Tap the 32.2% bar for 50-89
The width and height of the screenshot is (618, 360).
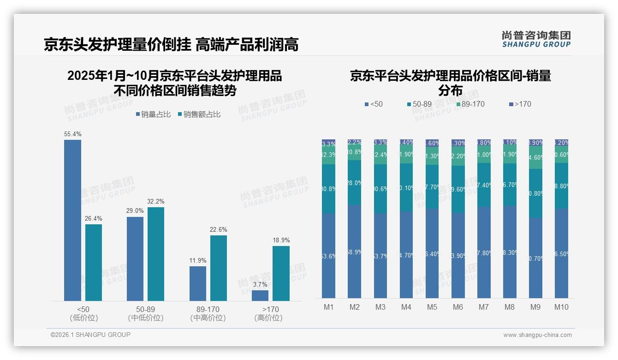[x=156, y=254]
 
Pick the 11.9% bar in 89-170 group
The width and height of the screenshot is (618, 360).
[x=198, y=283]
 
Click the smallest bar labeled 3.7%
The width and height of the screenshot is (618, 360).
[x=260, y=295]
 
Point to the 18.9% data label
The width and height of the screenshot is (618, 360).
[x=281, y=240]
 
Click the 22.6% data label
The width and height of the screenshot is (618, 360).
[x=219, y=230]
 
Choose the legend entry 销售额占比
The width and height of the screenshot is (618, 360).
[x=199, y=114]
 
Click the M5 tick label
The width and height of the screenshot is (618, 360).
[x=432, y=307]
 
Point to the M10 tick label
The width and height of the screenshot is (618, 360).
[x=561, y=307]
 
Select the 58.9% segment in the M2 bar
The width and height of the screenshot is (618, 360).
[x=355, y=252]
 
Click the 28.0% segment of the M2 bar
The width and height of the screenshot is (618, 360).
[x=355, y=183]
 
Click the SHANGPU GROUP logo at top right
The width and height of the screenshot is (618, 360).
[x=536, y=39]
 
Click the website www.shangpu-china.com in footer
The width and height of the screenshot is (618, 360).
[x=537, y=335]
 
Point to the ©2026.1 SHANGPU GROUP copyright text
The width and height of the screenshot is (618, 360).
[x=90, y=335]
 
